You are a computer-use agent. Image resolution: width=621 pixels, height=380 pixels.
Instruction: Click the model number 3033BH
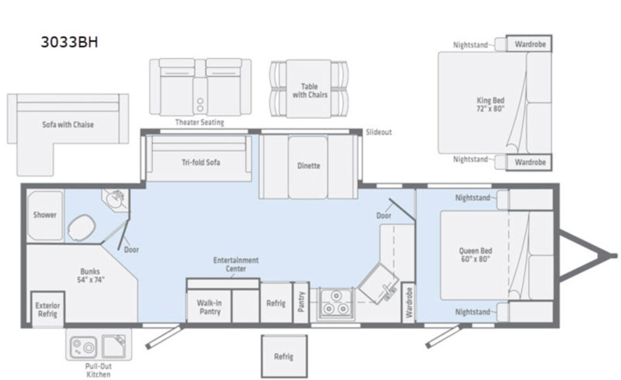tap(69, 42)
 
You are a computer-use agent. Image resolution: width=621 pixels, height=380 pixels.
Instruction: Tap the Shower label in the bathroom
tap(45, 215)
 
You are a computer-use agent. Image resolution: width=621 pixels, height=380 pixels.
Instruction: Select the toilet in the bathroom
tap(82, 228)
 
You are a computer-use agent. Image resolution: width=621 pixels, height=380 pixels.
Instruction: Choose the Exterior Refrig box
tap(47, 310)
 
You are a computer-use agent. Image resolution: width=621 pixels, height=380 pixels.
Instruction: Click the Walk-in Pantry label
tap(209, 307)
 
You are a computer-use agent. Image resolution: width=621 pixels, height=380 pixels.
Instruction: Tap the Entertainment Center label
tap(236, 264)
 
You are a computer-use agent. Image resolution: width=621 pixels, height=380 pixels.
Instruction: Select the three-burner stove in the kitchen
tap(336, 303)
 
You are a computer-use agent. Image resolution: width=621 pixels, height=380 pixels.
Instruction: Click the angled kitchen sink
tap(378, 284)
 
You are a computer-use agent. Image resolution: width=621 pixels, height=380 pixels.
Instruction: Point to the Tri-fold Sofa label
tap(201, 162)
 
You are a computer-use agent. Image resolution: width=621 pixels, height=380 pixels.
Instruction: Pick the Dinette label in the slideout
tap(309, 165)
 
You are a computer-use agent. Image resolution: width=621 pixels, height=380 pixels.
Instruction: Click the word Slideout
tap(378, 132)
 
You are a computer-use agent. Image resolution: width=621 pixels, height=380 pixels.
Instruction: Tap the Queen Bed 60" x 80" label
tap(475, 255)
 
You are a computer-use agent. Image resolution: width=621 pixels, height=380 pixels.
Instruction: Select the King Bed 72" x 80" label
tap(490, 104)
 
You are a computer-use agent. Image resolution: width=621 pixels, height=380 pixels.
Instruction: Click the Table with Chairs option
tap(310, 91)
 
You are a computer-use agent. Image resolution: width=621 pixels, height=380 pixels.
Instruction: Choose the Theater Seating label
tap(200, 122)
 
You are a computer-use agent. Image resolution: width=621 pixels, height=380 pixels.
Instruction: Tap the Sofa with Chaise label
tap(68, 125)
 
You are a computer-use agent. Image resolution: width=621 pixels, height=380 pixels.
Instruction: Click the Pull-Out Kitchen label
tap(99, 370)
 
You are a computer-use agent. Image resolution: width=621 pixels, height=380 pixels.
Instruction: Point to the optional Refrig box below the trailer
tap(284, 356)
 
